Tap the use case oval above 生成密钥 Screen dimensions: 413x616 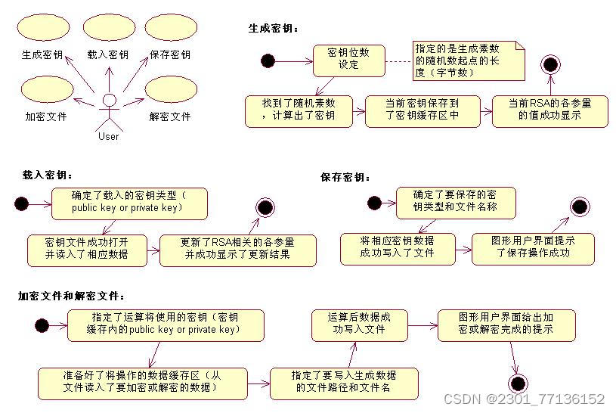(x=42, y=27)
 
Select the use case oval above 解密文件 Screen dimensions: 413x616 (x=171, y=89)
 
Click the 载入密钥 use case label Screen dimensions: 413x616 (x=107, y=54)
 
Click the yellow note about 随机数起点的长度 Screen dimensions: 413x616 (x=468, y=61)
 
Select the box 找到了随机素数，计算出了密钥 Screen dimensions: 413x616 (x=299, y=110)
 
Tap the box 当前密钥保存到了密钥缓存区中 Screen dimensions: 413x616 (x=422, y=110)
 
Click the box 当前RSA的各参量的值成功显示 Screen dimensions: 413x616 (x=549, y=110)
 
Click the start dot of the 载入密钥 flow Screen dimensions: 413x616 (x=20, y=203)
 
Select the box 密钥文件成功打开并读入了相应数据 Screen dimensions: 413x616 (x=88, y=250)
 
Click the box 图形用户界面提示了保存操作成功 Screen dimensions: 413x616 (x=533, y=248)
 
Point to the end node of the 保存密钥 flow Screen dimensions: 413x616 (x=580, y=206)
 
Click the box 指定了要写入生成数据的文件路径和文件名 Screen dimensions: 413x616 (x=343, y=383)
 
